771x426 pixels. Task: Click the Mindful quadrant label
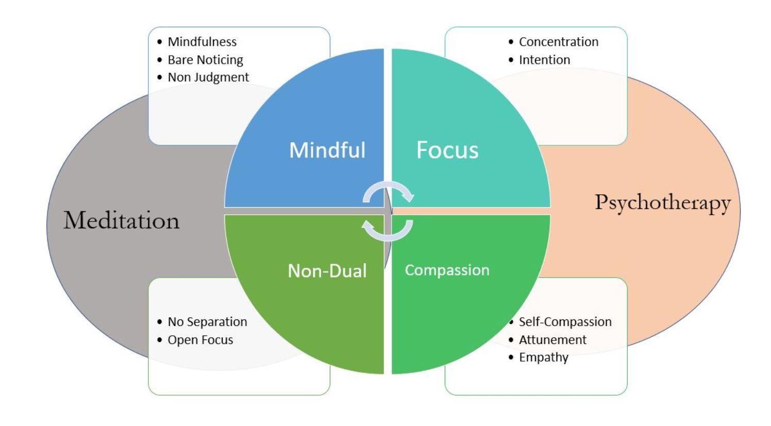(327, 150)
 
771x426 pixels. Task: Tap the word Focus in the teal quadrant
(447, 150)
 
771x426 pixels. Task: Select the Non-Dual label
(327, 271)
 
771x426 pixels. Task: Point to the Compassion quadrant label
(447, 270)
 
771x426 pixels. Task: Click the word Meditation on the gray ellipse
(122, 220)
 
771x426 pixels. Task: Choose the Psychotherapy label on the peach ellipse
(663, 202)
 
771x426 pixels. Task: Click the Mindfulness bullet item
(202, 42)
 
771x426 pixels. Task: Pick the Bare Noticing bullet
(205, 60)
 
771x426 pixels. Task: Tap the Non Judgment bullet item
(208, 77)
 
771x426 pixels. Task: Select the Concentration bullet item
(559, 42)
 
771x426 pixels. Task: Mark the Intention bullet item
(544, 60)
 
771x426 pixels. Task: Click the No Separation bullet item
(207, 322)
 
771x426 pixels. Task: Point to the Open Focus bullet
(200, 340)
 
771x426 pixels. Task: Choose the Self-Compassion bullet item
(565, 322)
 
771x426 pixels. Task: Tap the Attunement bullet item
(552, 340)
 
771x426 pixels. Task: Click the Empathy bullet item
(543, 357)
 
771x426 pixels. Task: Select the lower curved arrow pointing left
(388, 230)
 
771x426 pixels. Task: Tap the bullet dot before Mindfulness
(160, 42)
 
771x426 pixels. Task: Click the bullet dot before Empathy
(511, 357)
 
